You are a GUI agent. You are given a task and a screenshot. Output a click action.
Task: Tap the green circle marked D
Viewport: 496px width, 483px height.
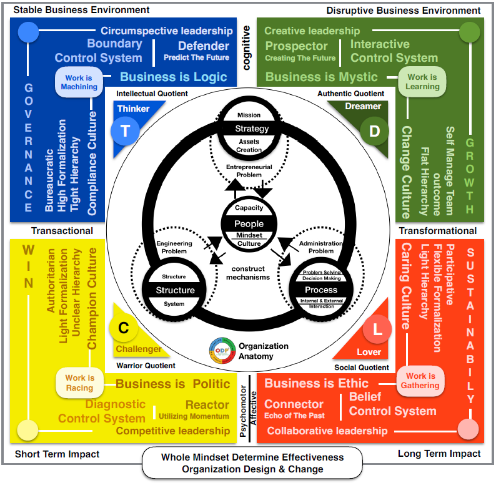click(374, 131)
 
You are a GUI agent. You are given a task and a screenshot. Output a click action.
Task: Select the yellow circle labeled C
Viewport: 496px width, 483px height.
click(123, 327)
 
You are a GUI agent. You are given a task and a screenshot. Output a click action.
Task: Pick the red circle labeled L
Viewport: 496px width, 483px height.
click(376, 328)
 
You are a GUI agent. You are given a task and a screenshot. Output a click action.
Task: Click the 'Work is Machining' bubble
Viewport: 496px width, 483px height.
click(79, 82)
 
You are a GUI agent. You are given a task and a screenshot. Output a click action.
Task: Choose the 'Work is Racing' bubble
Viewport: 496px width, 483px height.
click(79, 383)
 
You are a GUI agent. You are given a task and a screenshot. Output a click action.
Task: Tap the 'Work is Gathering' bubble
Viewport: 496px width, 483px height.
click(420, 381)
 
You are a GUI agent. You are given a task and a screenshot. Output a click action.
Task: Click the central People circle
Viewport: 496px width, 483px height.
click(249, 225)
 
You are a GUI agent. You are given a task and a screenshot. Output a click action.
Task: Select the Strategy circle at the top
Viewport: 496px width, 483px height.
click(251, 129)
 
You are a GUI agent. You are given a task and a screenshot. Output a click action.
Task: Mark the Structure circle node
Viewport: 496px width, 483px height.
click(175, 290)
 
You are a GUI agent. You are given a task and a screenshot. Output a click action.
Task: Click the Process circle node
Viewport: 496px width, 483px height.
click(321, 290)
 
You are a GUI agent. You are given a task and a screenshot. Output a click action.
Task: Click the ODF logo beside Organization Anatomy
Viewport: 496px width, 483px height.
click(222, 351)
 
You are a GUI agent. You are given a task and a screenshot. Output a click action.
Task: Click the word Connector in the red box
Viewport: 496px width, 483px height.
click(294, 404)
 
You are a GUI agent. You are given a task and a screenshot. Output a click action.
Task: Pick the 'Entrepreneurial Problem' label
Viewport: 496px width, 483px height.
click(249, 171)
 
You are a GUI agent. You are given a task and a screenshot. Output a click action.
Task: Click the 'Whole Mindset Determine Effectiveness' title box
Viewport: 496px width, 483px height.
click(252, 463)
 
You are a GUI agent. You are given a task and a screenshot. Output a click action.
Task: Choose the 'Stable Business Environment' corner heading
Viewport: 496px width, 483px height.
click(81, 10)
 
